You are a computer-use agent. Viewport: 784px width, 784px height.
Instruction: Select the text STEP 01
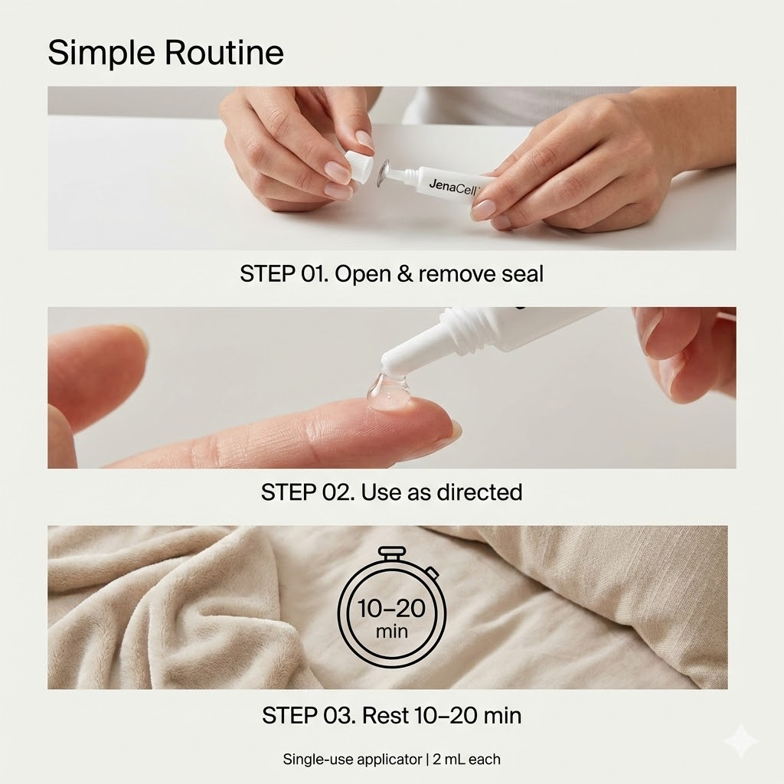[x=284, y=274]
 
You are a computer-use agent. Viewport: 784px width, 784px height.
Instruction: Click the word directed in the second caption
[x=479, y=492]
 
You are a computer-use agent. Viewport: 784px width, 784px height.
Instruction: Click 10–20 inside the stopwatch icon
[x=391, y=609]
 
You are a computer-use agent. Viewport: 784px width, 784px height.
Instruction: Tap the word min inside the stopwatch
[x=391, y=632]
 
